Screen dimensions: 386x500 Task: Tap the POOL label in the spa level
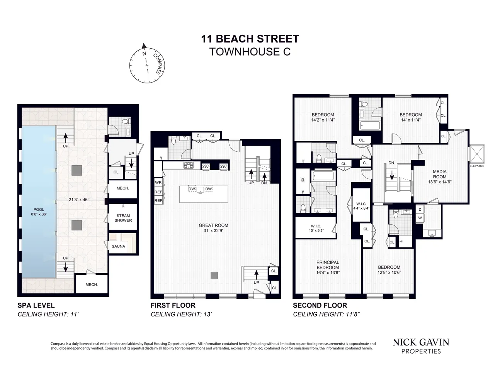click(39, 212)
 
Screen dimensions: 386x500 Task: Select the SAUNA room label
click(119, 246)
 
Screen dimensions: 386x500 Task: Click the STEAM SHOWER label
click(123, 218)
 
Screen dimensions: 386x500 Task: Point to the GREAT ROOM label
click(213, 228)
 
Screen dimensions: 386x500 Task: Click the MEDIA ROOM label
click(440, 177)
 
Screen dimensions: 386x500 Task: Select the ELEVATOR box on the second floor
click(476, 155)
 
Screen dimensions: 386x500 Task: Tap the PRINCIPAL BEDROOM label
click(328, 267)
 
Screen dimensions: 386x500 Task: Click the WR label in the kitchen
click(158, 183)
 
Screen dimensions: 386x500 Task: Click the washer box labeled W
click(420, 218)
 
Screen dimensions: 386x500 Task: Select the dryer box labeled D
click(420, 210)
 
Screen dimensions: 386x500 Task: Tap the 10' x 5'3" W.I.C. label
click(316, 228)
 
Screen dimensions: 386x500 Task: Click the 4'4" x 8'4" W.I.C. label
click(361, 206)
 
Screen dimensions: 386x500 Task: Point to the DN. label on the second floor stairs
click(391, 163)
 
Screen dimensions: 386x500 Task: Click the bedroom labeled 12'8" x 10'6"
click(389, 269)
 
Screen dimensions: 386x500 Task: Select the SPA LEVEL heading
click(36, 305)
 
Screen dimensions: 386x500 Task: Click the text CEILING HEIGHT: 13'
click(181, 314)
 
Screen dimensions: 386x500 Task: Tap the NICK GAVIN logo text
click(421, 342)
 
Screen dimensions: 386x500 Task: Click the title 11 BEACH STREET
click(250, 39)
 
